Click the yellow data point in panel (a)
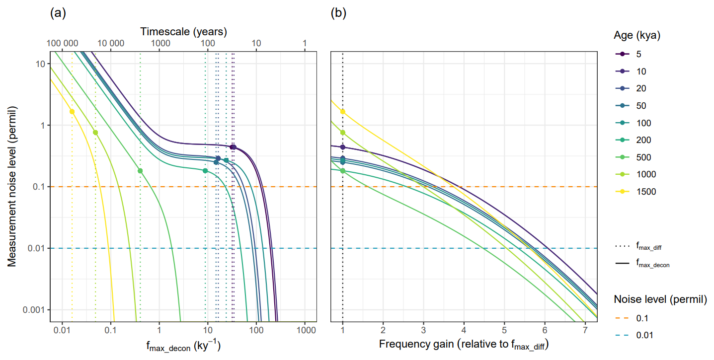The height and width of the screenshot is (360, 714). pos(72,112)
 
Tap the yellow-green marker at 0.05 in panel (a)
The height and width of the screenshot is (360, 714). pos(95,133)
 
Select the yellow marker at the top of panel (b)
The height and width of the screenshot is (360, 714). pos(343,112)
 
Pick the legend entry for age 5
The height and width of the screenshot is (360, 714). pos(635,54)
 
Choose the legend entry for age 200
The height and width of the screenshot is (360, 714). pos(638,140)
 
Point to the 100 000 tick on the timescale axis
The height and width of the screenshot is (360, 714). pos(63,44)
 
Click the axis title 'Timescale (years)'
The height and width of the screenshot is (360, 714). pos(183,31)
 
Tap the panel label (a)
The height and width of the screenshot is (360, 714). pos(58,13)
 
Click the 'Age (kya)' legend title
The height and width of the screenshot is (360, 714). pos(636,36)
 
